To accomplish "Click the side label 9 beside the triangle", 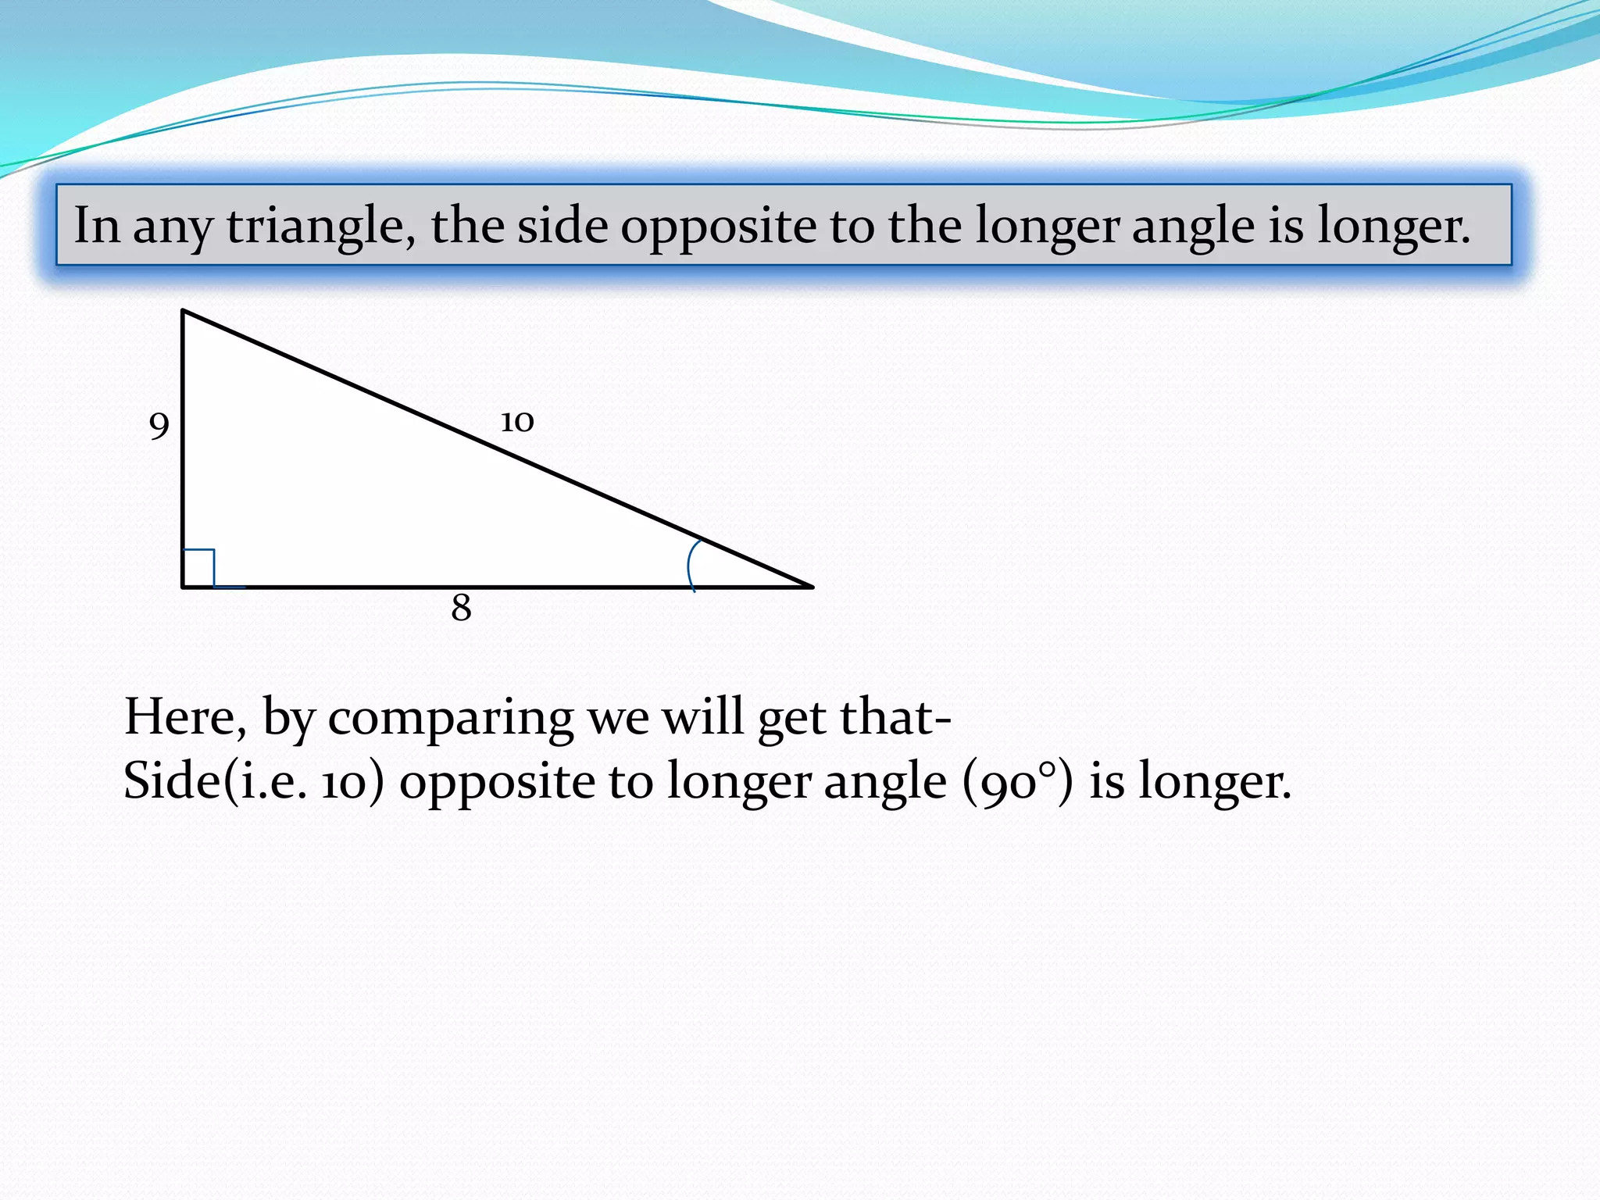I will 159,427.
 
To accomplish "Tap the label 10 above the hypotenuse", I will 516,422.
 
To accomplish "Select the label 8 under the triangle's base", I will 461,608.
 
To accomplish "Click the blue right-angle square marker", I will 198,566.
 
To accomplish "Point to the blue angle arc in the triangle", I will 691,564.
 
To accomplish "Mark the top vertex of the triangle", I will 183,312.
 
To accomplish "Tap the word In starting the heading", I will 96,225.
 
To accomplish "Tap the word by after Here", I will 287,718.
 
